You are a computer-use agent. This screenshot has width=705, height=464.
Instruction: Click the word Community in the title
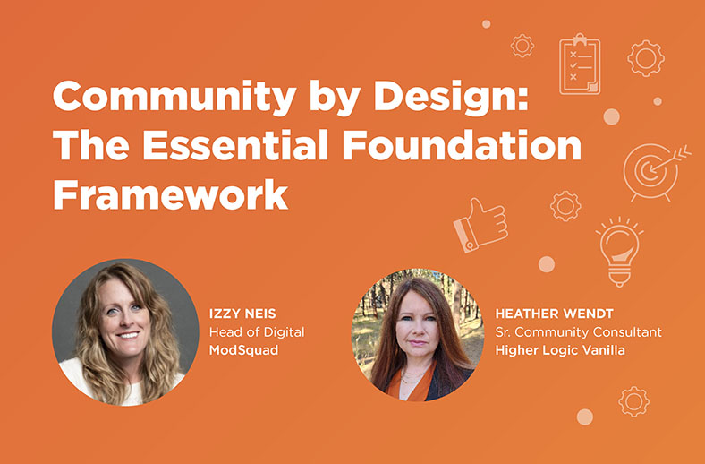point(174,97)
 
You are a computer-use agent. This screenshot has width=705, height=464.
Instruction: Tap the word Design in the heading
point(451,97)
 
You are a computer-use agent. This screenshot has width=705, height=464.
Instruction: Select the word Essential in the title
point(235,145)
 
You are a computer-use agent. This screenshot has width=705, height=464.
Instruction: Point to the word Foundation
point(462,145)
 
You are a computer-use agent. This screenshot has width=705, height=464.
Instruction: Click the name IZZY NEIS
point(242,314)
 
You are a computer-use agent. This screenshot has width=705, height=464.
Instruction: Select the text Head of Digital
point(257,332)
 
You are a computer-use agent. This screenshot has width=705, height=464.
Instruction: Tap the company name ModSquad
point(243,350)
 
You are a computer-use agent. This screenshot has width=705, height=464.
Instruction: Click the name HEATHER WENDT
point(555,314)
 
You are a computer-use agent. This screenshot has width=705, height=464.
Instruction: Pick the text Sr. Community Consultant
point(579,332)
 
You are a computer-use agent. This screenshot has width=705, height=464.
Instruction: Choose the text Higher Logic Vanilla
point(560,350)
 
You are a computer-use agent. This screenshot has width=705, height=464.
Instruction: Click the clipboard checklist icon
point(580,64)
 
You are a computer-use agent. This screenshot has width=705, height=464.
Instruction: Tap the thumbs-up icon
point(480,225)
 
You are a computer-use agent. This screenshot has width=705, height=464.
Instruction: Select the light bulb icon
point(620,252)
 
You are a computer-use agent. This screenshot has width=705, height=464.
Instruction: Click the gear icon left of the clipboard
point(522,46)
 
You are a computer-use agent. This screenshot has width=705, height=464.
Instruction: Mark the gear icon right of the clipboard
point(646,58)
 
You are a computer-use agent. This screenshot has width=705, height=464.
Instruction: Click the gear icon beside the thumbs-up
point(565,206)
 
